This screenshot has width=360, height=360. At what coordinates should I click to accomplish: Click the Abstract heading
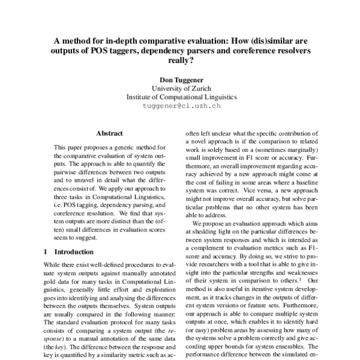pyautogui.click(x=109, y=133)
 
